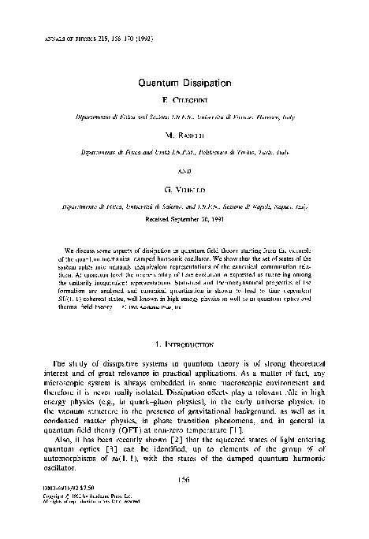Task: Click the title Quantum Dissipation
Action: coord(184,82)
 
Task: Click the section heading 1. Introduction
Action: coord(184,322)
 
